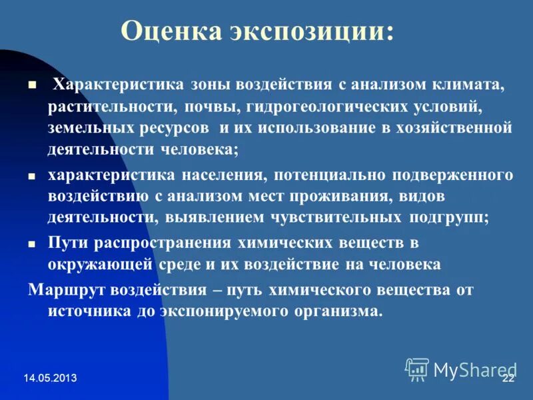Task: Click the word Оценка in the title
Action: click(170, 32)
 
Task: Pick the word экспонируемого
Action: click(226, 311)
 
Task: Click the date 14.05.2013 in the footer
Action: click(51, 378)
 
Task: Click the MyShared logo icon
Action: click(417, 369)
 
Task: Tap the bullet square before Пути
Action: click(31, 245)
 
